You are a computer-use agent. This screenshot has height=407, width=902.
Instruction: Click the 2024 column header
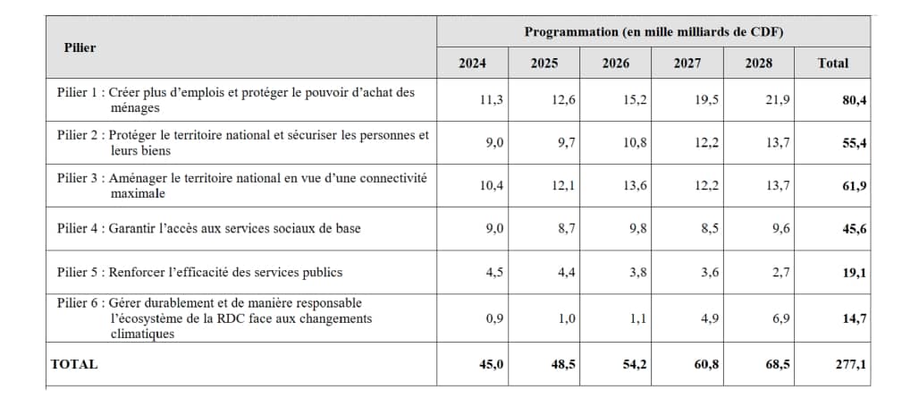(x=472, y=64)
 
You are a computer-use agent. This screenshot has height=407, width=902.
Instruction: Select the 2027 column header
(x=687, y=64)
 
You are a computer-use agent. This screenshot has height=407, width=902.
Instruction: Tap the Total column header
(x=832, y=64)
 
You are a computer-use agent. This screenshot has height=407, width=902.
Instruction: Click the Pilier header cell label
(x=80, y=47)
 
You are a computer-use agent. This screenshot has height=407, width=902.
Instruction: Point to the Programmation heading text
(x=653, y=32)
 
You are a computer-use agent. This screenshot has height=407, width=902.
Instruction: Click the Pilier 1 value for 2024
(x=492, y=100)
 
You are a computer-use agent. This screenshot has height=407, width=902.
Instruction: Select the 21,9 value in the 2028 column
(x=778, y=100)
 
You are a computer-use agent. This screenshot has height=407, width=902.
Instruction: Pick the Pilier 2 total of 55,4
(x=855, y=143)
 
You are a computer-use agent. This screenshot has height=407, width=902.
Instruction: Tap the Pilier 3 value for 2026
(x=635, y=186)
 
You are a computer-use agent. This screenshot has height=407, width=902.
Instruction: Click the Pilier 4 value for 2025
(x=566, y=228)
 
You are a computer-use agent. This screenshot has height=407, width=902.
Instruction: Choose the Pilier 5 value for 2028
(x=780, y=272)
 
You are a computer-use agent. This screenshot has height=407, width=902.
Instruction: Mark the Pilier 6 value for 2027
(x=708, y=318)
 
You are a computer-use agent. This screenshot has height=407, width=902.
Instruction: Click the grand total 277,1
(x=852, y=364)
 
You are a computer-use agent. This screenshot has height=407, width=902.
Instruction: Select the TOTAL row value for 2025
(x=563, y=364)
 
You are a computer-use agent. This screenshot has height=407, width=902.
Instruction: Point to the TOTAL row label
(x=74, y=364)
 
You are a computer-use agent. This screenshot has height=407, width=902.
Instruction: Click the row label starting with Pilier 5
(x=199, y=272)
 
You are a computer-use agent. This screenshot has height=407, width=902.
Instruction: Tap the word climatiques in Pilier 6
(x=143, y=334)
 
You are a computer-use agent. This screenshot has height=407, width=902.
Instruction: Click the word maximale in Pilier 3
(x=138, y=193)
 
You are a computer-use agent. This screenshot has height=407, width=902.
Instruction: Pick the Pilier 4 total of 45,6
(x=855, y=228)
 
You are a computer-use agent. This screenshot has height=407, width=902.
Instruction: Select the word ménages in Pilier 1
(x=135, y=107)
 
